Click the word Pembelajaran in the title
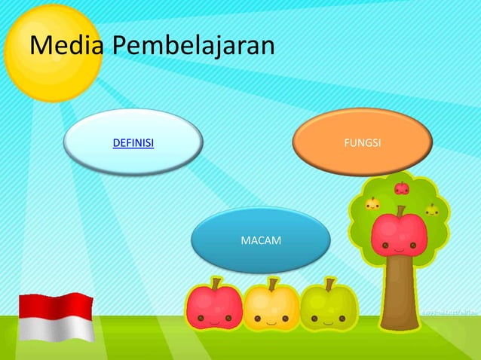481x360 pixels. pyautogui.click(x=192, y=47)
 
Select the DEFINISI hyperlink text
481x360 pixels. pyautogui.click(x=133, y=142)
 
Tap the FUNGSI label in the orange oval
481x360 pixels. pyautogui.click(x=362, y=142)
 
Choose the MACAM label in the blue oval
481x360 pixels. pyautogui.click(x=260, y=240)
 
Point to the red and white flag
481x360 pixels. pyautogui.click(x=56, y=317)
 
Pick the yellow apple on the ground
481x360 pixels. pyautogui.click(x=271, y=309)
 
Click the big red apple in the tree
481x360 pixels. pyautogui.click(x=400, y=234)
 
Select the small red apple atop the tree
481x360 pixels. pyautogui.click(x=402, y=188)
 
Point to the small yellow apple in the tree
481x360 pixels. pyautogui.click(x=372, y=203)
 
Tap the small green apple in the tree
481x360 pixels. pyautogui.click(x=431, y=210)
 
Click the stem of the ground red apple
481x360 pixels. pyautogui.click(x=216, y=283)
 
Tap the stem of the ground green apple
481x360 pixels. pyautogui.click(x=329, y=284)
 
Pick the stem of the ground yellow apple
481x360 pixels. pyautogui.click(x=272, y=284)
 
